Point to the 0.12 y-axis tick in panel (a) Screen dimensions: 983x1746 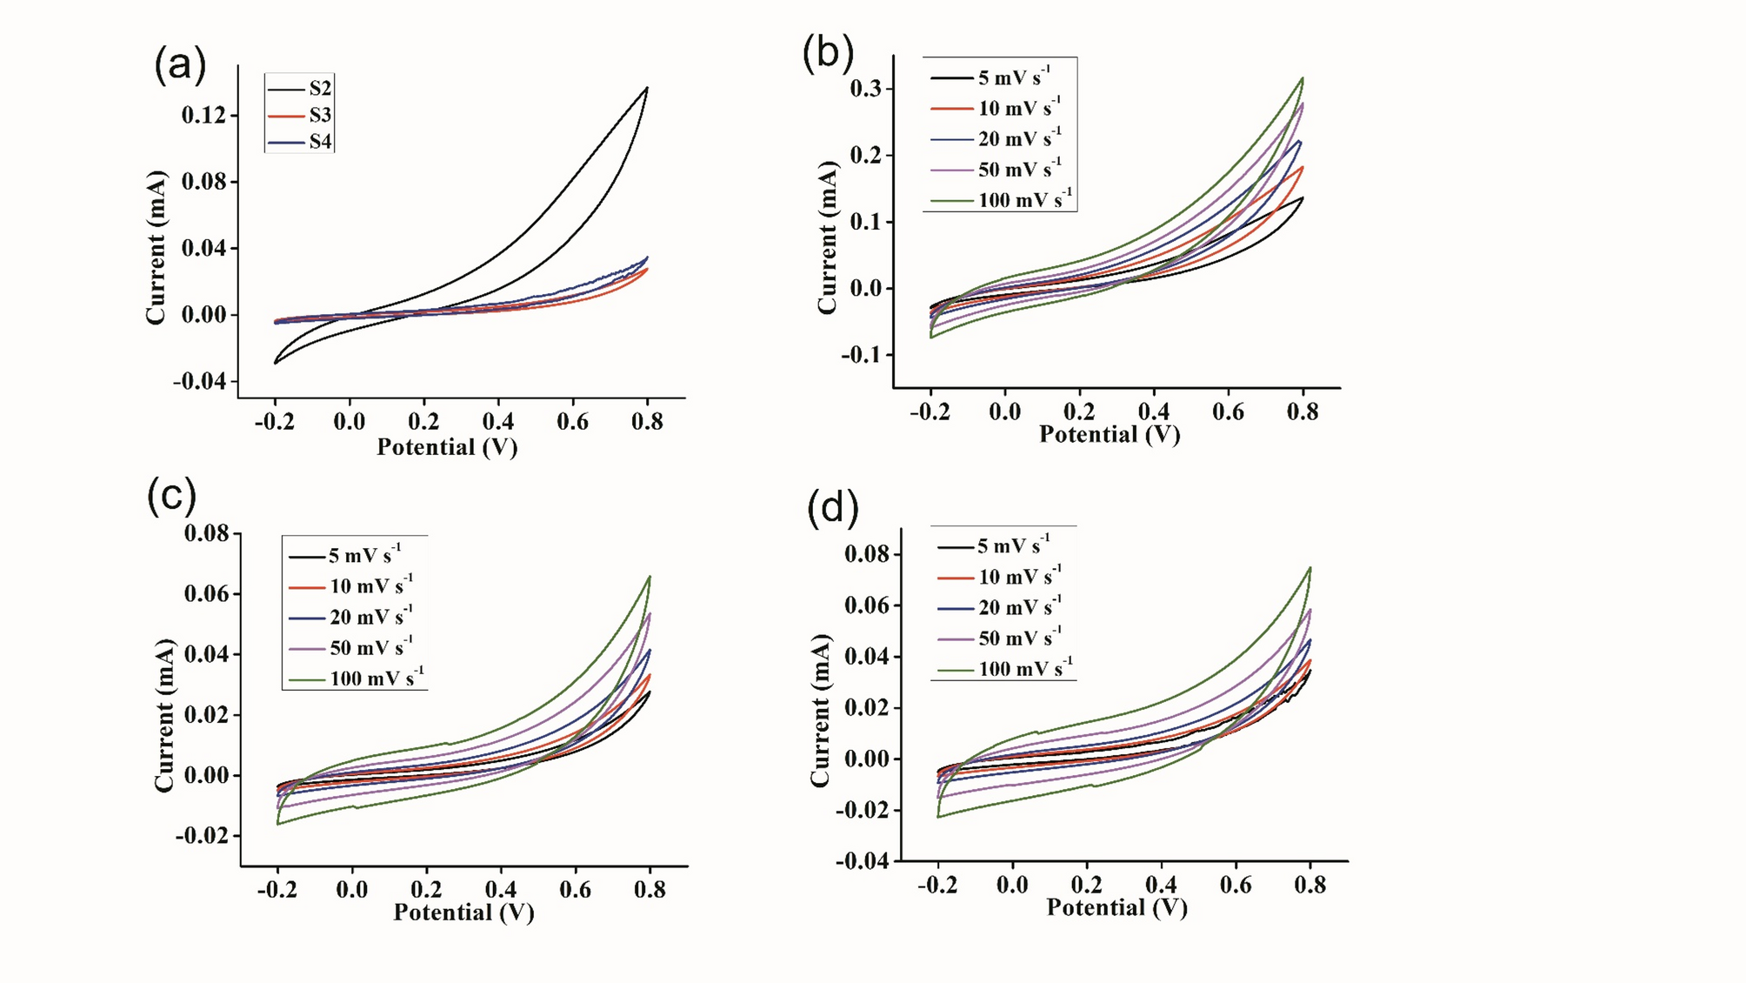coord(203,116)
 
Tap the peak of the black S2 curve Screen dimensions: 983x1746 coord(647,88)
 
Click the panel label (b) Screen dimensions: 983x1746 coord(828,54)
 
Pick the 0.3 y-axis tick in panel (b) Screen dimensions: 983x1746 coord(866,89)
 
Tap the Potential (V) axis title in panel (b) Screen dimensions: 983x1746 coord(1110,434)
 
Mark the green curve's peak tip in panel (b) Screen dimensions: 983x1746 coord(1303,78)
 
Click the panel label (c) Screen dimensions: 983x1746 coord(172,496)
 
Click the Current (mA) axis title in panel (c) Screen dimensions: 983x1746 coord(164,715)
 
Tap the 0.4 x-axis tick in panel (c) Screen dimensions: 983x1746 coord(501,890)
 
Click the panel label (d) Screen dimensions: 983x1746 coord(832,508)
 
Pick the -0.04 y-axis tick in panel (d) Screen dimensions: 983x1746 coord(863,861)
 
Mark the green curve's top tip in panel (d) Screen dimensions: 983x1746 coord(1309,568)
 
